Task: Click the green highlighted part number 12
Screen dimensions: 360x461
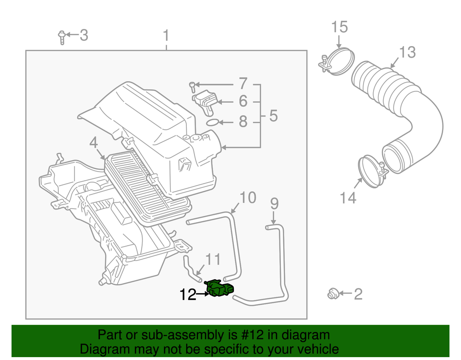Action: pyautogui.click(x=220, y=289)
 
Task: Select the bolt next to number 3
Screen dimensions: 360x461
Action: pyautogui.click(x=61, y=37)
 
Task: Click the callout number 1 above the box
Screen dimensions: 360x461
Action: pyautogui.click(x=166, y=36)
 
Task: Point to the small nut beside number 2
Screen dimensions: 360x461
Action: pyautogui.click(x=331, y=293)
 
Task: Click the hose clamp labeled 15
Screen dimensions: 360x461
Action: pyautogui.click(x=337, y=61)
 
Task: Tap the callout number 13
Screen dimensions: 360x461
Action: pyautogui.click(x=407, y=52)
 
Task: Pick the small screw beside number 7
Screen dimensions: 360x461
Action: pyautogui.click(x=192, y=87)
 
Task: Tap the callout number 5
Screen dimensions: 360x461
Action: pyautogui.click(x=273, y=116)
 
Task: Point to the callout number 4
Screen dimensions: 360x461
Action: pyautogui.click(x=93, y=143)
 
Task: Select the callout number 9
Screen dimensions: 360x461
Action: pyautogui.click(x=274, y=204)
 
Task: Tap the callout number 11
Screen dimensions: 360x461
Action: pyautogui.click(x=213, y=260)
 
